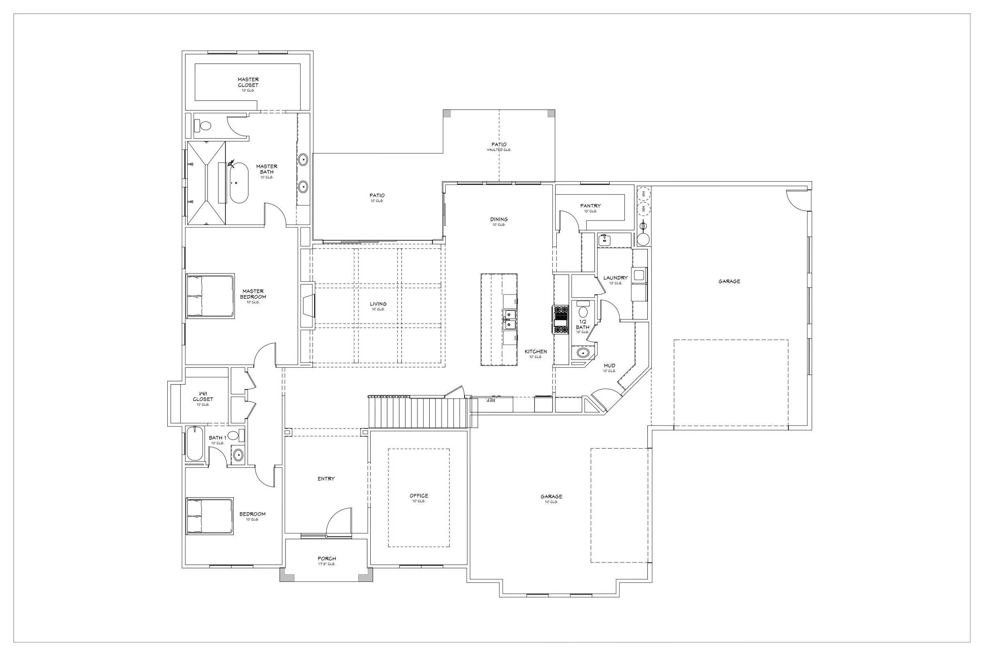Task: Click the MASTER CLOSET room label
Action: [x=248, y=82]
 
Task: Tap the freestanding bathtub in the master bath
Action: [x=239, y=183]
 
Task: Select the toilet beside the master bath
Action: [x=205, y=125]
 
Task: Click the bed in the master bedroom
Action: [x=210, y=296]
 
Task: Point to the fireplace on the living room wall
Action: [x=308, y=306]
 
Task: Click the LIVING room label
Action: [x=378, y=304]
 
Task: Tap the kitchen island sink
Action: [x=509, y=320]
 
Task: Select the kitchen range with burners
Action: [x=561, y=320]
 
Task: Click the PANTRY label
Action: [x=590, y=206]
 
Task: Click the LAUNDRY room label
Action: [x=615, y=278]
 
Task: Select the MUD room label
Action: [x=609, y=366]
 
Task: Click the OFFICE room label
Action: [x=418, y=496]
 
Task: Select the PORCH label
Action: [x=327, y=558]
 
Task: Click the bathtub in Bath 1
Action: [x=194, y=444]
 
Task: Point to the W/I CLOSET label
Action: [x=203, y=396]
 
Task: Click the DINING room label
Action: [x=499, y=219]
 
